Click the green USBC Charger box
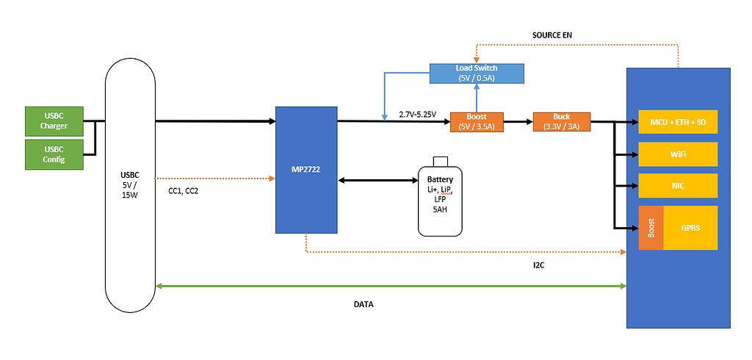coord(54,121)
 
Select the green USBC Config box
coord(54,154)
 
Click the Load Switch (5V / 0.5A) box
coord(477,73)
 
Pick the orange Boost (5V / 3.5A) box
coord(476,122)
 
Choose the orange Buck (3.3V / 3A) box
coord(562,122)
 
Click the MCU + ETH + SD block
coord(678,122)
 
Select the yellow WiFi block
coord(678,154)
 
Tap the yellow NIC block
coord(678,185)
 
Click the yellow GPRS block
coord(690,228)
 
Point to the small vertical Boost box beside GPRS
coord(651,228)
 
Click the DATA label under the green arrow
coord(364,303)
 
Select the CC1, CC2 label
coord(183,191)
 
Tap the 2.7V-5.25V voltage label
coord(417,115)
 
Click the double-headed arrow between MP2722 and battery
coord(377,179)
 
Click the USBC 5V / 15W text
coord(129,184)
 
